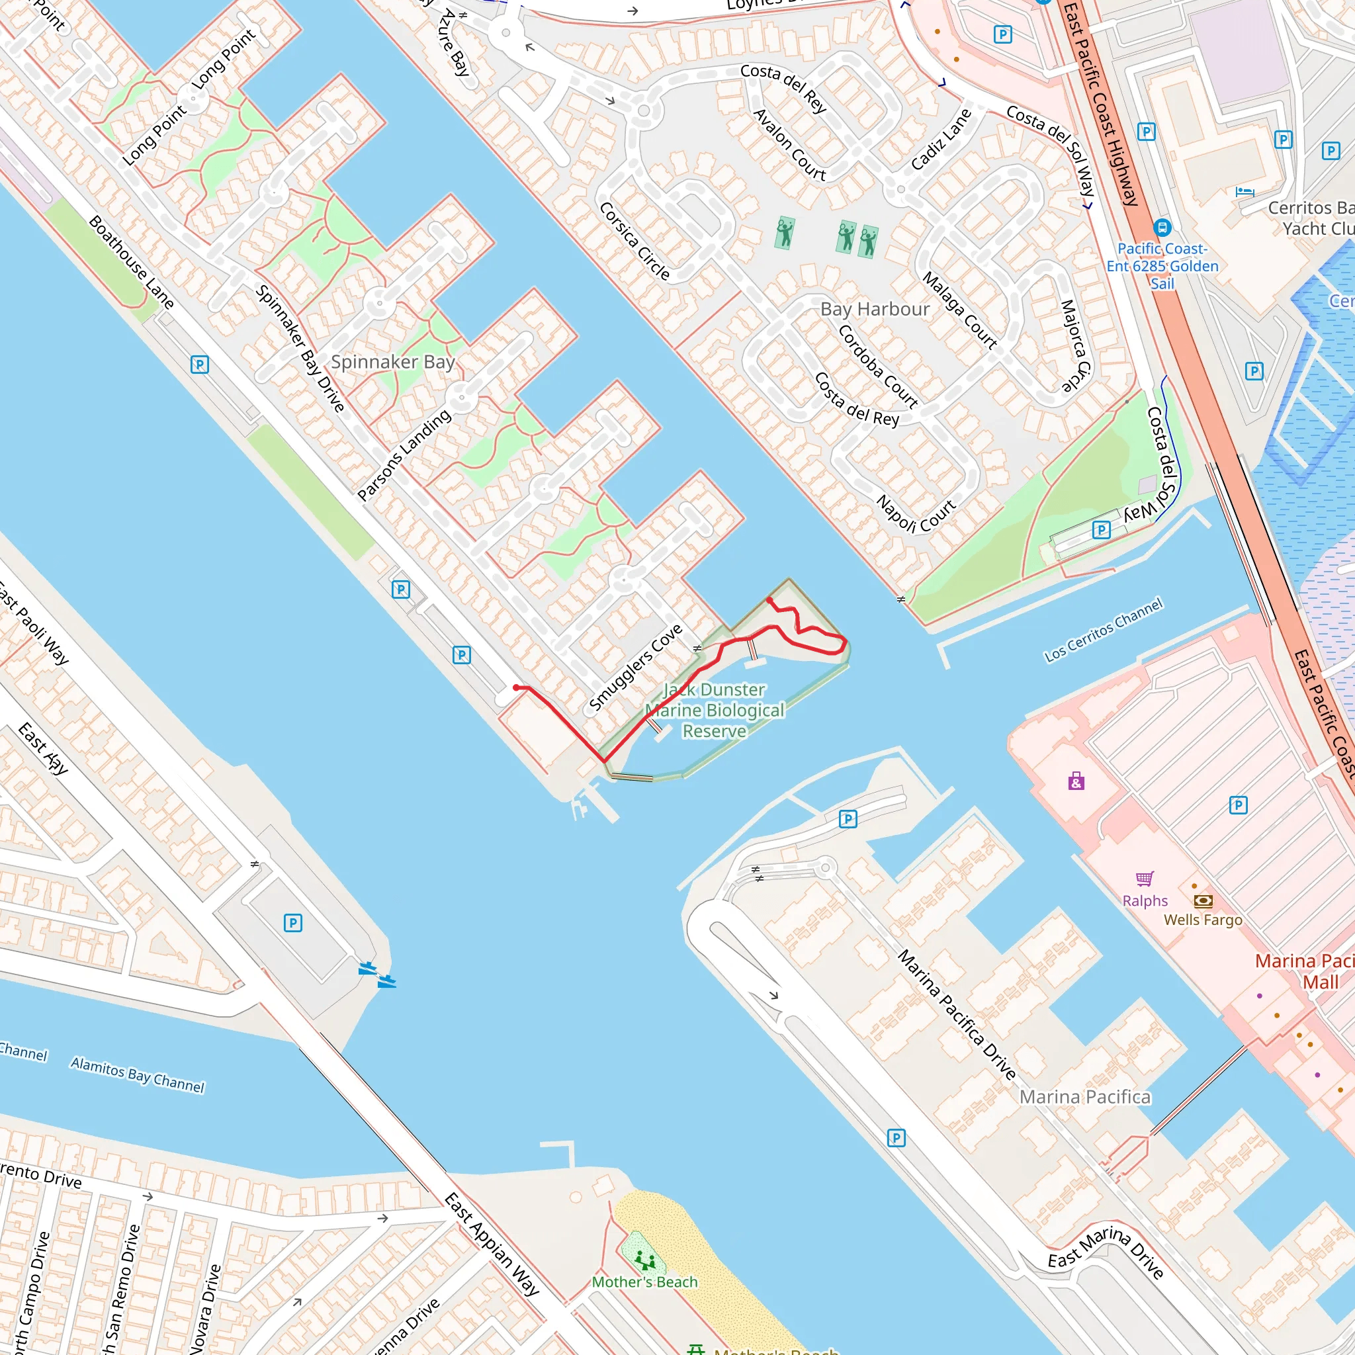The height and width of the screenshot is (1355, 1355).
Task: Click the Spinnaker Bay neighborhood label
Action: click(393, 362)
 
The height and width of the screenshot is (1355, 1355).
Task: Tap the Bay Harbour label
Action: click(875, 309)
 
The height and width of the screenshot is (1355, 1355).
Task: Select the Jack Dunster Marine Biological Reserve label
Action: click(714, 711)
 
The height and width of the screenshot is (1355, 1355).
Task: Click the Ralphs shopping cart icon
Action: click(1145, 879)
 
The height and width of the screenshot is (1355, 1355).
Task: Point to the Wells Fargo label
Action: click(1203, 920)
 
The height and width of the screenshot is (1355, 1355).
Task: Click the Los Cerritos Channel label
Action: click(1103, 630)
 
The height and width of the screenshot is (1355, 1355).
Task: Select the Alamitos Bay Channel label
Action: click(138, 1075)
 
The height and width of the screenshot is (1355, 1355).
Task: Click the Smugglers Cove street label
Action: click(635, 667)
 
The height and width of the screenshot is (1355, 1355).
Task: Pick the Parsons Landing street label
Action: click(404, 455)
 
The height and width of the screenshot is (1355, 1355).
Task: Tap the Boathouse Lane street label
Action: click(131, 262)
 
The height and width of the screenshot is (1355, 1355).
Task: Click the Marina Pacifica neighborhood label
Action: click(1084, 1097)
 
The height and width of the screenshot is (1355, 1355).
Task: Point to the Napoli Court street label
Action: click(916, 515)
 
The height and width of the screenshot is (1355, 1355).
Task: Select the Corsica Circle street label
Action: click(634, 241)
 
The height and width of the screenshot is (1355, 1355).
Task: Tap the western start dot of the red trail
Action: click(517, 688)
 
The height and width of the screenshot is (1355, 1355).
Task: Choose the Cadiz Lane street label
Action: click(941, 140)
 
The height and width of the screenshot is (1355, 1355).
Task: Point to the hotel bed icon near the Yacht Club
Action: click(1245, 191)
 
